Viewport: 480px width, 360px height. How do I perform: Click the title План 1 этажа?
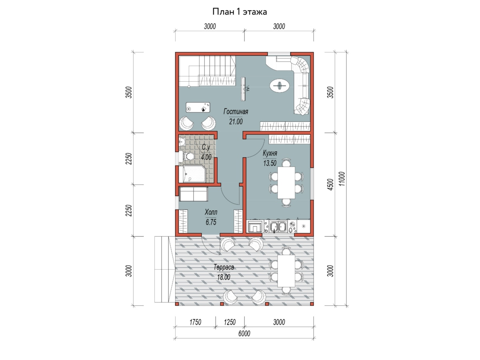coord(240,12)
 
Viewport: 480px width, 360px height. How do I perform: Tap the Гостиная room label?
coord(236,112)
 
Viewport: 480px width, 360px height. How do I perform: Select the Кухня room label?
coord(270,153)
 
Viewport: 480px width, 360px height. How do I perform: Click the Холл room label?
coord(211,212)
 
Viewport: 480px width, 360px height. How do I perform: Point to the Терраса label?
coord(224,267)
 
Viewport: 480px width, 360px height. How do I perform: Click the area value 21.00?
coord(236,122)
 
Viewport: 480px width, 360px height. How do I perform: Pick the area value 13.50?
coord(270,163)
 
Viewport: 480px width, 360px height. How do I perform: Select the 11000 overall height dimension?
coord(342,179)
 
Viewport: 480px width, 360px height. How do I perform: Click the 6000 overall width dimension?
coord(244,334)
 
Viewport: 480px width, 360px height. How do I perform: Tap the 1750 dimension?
coord(195,322)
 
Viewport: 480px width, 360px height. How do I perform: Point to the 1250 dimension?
coord(230,322)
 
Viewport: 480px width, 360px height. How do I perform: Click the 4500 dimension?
coord(331,184)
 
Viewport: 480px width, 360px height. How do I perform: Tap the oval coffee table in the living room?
coord(280,85)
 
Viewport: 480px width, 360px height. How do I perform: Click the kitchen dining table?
coord(286,182)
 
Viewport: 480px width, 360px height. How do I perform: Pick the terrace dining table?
coord(286,271)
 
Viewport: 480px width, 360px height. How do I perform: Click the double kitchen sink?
coord(277,226)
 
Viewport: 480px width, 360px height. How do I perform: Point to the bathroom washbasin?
coord(182,142)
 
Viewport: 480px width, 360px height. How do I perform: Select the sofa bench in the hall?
coord(193,194)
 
